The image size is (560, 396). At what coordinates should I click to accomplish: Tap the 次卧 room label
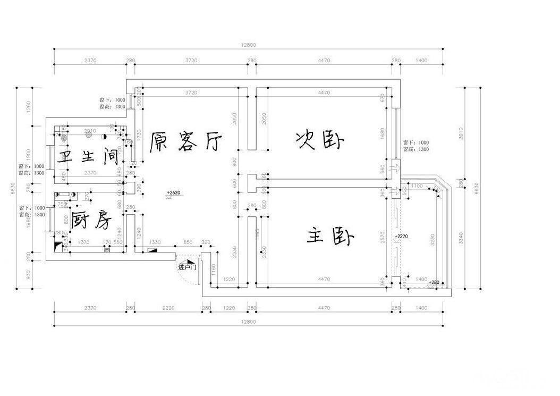[320, 141]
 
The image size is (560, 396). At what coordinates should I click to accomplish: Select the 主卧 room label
[330, 236]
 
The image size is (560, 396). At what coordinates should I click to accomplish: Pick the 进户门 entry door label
[188, 267]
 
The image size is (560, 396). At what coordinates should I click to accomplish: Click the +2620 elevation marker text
[174, 192]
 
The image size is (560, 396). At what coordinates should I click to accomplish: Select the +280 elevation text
[434, 282]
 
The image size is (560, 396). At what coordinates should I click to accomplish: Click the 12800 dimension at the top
[248, 45]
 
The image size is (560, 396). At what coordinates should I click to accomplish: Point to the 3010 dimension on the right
[461, 133]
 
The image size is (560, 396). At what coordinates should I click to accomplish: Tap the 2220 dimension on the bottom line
[168, 308]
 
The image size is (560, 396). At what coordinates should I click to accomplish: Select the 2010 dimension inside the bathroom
[90, 131]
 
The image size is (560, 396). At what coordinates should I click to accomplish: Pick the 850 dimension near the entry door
[188, 242]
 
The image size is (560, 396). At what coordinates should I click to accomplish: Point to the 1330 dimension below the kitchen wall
[155, 242]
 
